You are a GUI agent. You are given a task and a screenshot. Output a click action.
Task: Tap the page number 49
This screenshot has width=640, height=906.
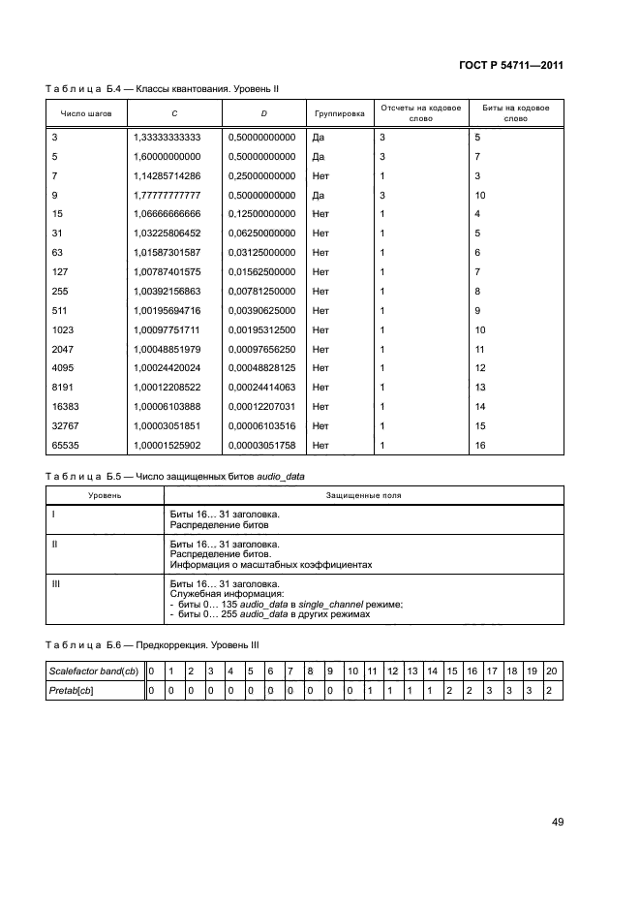coord(557,822)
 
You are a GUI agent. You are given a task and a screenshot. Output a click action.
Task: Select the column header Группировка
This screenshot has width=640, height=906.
coord(340,113)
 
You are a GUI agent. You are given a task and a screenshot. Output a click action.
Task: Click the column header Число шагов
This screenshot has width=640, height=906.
coord(86,113)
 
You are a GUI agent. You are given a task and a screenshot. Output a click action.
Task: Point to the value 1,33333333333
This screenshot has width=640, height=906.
coord(167,138)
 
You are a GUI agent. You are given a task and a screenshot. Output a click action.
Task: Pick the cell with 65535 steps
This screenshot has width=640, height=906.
coord(65,445)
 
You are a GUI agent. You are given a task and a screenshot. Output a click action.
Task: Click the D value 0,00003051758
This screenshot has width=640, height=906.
coord(261,445)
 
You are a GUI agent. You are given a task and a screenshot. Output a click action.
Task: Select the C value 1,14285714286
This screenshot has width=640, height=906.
coord(167,176)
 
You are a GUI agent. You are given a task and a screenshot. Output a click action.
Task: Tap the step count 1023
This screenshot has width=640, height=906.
coord(62,329)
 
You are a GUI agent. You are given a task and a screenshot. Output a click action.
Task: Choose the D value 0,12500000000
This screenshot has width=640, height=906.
coord(261,214)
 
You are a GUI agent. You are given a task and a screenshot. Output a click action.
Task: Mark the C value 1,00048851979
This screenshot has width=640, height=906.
coord(167,349)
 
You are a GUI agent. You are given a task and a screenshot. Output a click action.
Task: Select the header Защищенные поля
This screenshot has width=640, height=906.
coord(363,495)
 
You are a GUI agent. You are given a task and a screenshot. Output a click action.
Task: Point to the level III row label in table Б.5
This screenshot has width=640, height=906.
coord(54,583)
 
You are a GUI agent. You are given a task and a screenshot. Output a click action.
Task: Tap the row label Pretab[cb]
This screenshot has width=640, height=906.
coord(76,690)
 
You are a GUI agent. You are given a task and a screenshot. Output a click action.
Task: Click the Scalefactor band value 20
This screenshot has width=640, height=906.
coord(550,671)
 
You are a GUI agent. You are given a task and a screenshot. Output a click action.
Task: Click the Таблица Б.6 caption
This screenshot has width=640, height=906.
coord(152,644)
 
